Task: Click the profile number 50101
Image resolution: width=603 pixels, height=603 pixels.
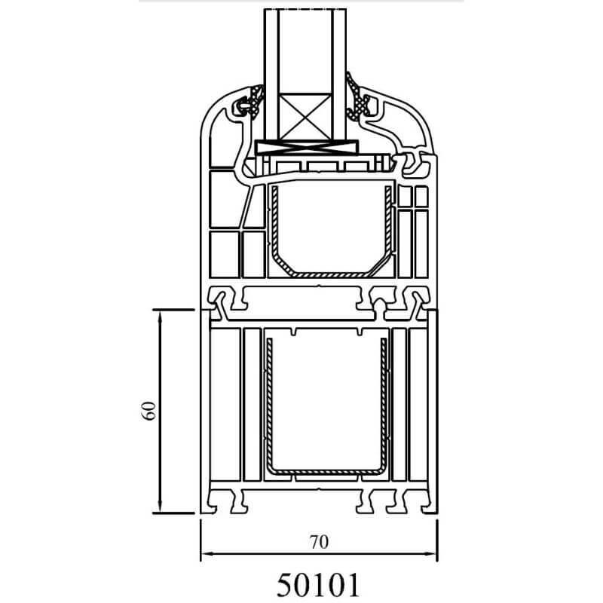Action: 318,585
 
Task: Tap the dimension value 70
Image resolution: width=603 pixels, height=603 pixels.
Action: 319,542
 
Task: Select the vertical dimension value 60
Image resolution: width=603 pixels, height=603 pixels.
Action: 149,411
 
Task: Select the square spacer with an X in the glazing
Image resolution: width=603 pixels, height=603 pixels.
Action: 305,117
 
